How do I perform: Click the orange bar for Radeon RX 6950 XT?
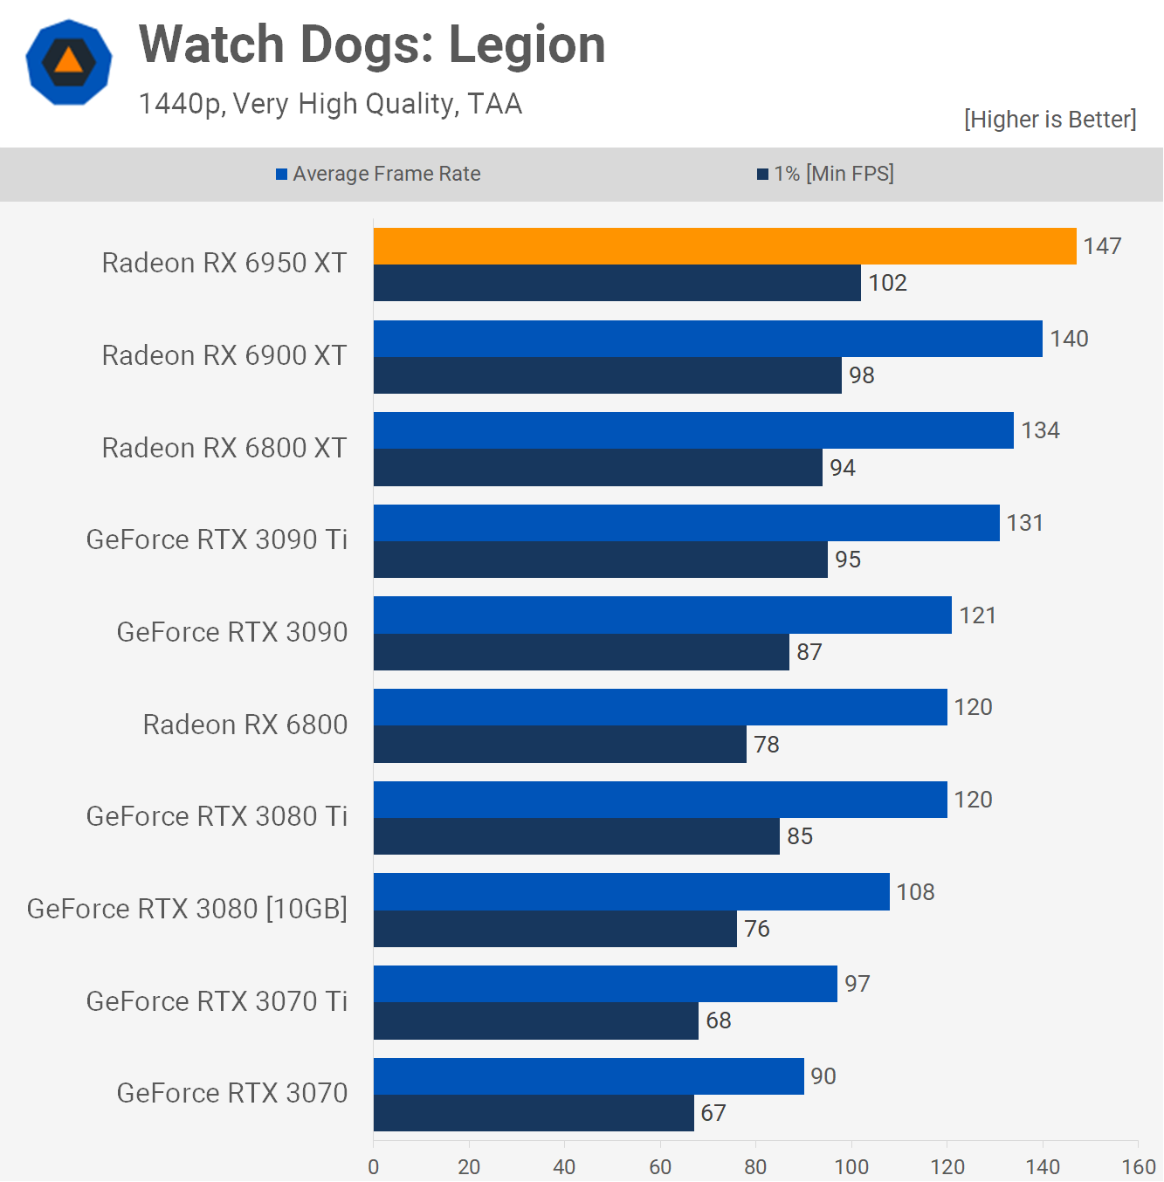725,246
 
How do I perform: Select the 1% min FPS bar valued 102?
616,283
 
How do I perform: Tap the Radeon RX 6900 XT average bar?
707,339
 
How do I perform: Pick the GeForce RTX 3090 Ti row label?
217,539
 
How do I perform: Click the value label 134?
1040,430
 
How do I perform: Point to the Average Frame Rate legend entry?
378,174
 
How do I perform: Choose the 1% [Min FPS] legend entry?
825,174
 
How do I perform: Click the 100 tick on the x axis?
851,1166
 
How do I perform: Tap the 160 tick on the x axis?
1138,1166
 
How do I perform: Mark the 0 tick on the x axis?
374,1166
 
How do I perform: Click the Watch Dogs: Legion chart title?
372,45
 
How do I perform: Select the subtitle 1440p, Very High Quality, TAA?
330,104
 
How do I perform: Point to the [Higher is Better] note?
1050,120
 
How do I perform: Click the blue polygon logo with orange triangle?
69,62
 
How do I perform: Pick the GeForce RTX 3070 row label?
232,1093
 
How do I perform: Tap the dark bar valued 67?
534,1113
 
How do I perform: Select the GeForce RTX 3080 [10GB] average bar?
631,892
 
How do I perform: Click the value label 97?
857,984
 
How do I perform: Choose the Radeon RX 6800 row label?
245,725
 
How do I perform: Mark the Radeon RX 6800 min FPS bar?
560,745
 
